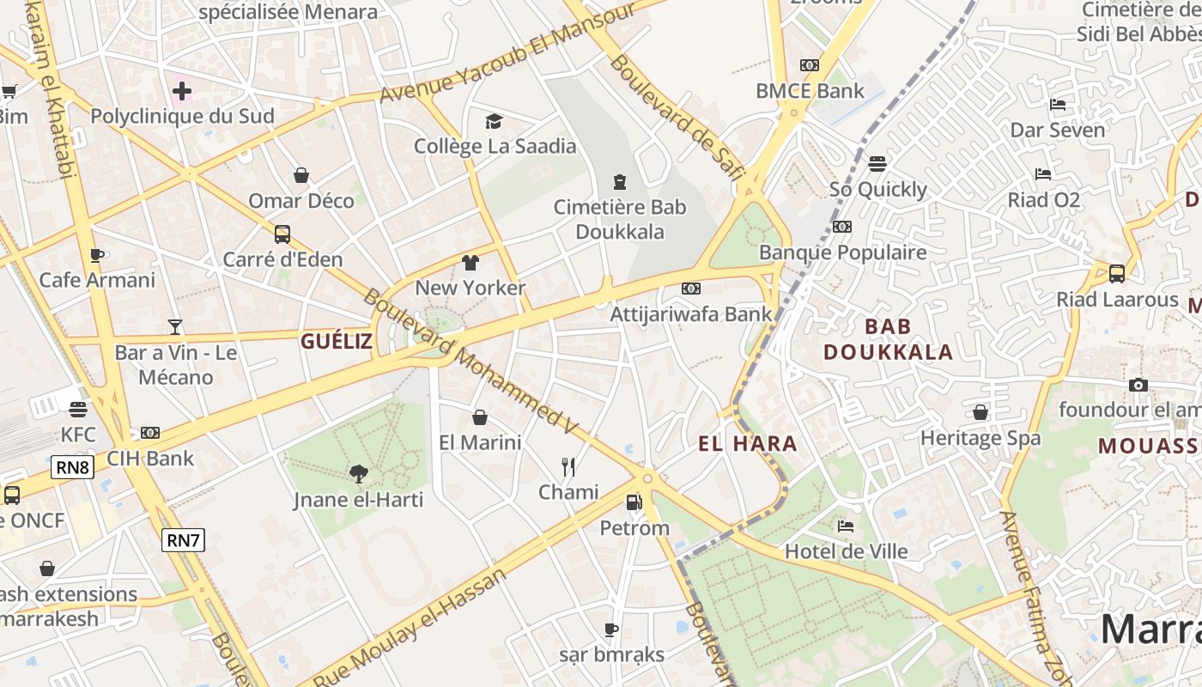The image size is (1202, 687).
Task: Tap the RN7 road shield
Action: click(184, 540)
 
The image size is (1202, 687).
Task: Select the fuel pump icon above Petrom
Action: click(634, 502)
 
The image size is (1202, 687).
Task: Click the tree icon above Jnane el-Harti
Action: click(358, 473)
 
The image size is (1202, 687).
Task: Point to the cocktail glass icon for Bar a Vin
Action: click(175, 327)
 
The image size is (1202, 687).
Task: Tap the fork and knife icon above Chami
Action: click(568, 466)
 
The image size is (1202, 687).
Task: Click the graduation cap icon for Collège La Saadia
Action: click(494, 121)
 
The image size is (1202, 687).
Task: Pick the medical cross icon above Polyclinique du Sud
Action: click(182, 90)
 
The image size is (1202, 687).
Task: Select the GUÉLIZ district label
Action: click(337, 342)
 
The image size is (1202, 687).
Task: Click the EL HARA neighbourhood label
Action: click(748, 444)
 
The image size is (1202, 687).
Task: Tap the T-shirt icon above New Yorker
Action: click(470, 262)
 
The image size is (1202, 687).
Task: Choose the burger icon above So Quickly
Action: click(877, 163)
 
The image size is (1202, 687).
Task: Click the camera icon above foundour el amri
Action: click(1138, 385)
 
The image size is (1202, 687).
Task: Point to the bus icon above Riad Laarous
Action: click(1116, 274)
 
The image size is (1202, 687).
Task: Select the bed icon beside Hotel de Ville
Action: click(846, 526)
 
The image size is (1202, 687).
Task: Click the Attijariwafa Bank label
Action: click(691, 313)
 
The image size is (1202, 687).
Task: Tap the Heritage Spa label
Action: click(980, 438)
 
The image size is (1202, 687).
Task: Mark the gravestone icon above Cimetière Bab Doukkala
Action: click(620, 182)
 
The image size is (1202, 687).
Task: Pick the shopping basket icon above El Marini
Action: click(480, 417)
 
